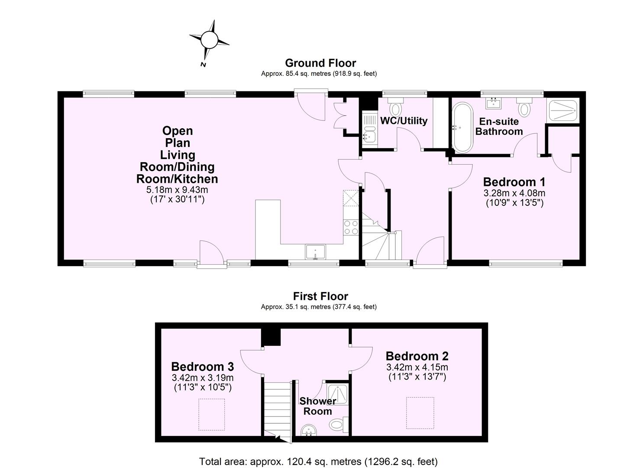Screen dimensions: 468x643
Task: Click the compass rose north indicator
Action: click(x=209, y=41)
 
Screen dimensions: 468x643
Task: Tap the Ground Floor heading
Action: click(x=320, y=63)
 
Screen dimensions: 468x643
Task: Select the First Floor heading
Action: click(x=320, y=296)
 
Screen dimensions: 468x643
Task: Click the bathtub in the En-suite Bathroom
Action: click(x=462, y=127)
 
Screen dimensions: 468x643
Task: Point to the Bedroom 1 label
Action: click(x=514, y=182)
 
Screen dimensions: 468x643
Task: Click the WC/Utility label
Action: click(x=404, y=121)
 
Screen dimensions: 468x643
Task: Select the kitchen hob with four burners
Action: click(x=351, y=227)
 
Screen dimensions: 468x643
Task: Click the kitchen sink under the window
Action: click(x=315, y=252)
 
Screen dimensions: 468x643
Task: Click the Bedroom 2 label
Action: click(x=417, y=356)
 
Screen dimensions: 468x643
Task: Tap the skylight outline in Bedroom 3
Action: click(x=211, y=414)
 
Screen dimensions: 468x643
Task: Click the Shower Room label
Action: click(x=317, y=406)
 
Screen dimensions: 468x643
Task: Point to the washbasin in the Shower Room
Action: click(x=309, y=430)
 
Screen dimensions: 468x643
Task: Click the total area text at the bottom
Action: click(x=318, y=461)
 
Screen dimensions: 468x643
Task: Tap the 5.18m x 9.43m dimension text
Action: click(x=177, y=190)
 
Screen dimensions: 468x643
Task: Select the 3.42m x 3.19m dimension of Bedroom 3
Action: click(x=202, y=377)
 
